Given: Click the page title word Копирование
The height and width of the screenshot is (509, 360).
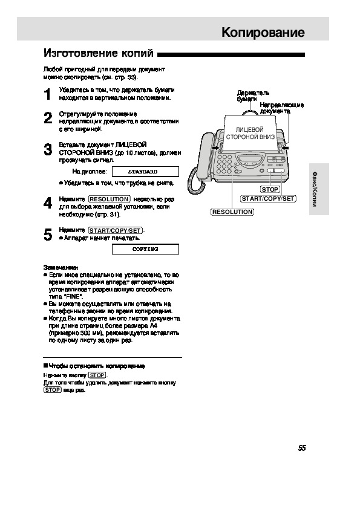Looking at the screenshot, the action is (263, 32).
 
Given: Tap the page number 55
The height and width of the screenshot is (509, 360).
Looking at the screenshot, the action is (302, 448).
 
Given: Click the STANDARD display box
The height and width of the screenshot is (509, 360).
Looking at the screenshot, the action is (145, 172).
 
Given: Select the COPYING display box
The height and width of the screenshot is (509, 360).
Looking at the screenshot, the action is (145, 249).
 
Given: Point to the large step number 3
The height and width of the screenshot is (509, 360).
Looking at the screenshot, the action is (48, 150).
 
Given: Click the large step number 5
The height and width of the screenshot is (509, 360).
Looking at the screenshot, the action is (48, 235).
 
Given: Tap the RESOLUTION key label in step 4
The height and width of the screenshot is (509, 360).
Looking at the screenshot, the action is (109, 199).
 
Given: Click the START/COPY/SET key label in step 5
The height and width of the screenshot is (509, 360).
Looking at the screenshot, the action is (116, 230).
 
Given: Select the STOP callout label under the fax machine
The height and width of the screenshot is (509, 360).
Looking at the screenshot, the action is (270, 189).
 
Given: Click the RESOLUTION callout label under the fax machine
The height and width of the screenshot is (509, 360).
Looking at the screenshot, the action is (232, 212).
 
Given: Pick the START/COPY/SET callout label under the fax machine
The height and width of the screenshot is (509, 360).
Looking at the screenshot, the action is (268, 199).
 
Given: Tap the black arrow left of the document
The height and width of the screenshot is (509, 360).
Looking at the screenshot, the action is (215, 148).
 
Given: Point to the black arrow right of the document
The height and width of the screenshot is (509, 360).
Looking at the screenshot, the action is (285, 148).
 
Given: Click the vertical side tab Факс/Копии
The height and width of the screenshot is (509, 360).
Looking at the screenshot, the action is (315, 189).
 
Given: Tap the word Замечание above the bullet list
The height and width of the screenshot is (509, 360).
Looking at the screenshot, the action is (61, 267).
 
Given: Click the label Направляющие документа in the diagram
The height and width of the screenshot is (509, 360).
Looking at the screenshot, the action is (281, 108).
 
